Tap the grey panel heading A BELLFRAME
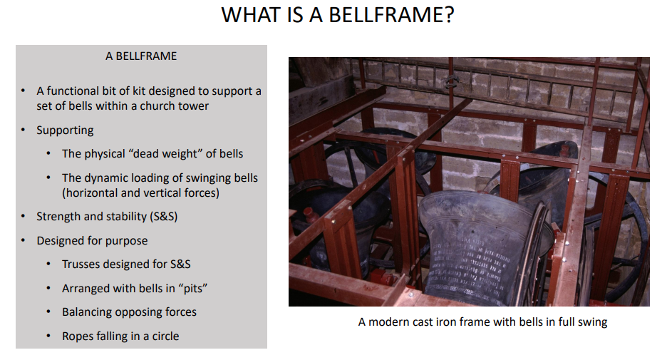(x=141, y=56)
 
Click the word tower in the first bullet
(x=193, y=106)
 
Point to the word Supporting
(x=65, y=130)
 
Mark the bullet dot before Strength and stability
(x=23, y=216)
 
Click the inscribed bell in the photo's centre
(x=475, y=250)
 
